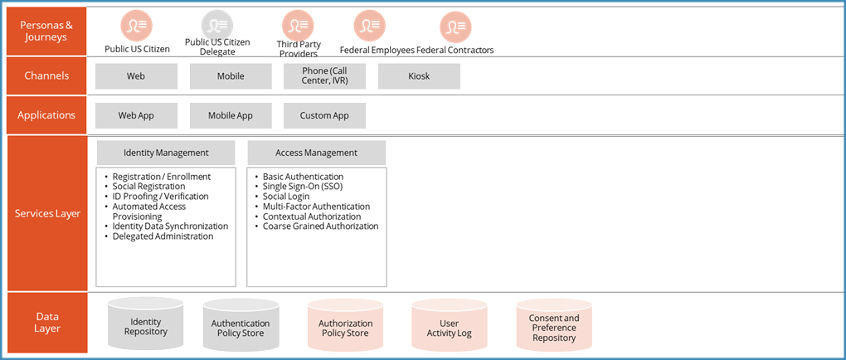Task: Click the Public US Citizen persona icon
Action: [x=137, y=27]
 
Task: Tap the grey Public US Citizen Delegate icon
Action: [x=217, y=26]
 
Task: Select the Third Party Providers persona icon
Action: [x=298, y=26]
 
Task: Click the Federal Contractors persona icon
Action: [x=455, y=27]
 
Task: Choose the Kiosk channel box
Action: [x=419, y=76]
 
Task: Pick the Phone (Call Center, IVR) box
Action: [x=324, y=76]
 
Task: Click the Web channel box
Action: [x=136, y=76]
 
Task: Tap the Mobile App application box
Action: [x=231, y=115]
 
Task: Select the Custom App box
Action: [x=324, y=115]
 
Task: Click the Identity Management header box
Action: [x=166, y=153]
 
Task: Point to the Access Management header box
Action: [x=316, y=153]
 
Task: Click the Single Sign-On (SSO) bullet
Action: [x=302, y=187]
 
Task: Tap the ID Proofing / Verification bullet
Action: [x=160, y=197]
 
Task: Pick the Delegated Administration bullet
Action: [x=163, y=236]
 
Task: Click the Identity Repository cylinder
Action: [x=146, y=326]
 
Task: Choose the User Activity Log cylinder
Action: [x=450, y=328]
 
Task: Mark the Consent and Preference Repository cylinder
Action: [x=554, y=327]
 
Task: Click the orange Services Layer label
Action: [x=47, y=213]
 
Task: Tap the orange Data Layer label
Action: [x=47, y=322]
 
